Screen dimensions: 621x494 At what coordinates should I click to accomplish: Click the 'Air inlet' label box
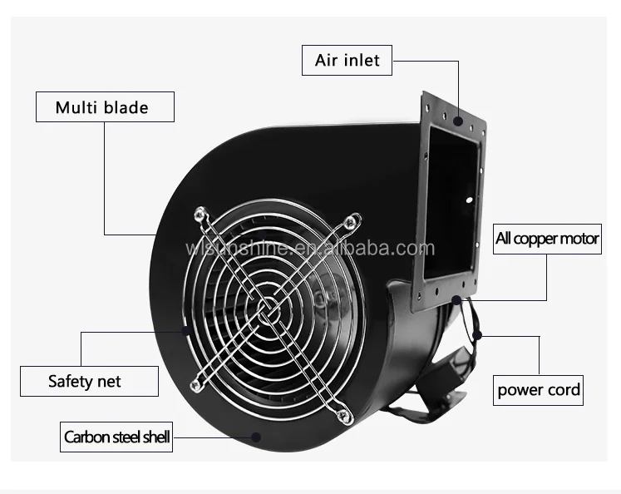tap(346, 60)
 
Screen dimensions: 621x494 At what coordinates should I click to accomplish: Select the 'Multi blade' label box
tap(103, 106)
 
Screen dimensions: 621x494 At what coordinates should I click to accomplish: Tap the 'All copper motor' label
tap(547, 239)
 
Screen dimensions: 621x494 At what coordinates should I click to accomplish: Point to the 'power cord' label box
tap(539, 389)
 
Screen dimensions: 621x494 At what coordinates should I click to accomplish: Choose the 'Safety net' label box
tap(84, 382)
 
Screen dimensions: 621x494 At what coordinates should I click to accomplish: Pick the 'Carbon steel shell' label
tap(116, 436)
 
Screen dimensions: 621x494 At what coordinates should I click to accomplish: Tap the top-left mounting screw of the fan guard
tap(200, 215)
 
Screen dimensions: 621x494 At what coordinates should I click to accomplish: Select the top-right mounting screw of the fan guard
tap(352, 224)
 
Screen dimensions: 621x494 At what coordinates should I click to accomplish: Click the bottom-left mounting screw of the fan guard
tap(198, 384)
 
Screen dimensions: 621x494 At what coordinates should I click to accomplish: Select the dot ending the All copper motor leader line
tap(458, 299)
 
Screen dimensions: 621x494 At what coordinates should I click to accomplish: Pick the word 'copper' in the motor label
tap(540, 239)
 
